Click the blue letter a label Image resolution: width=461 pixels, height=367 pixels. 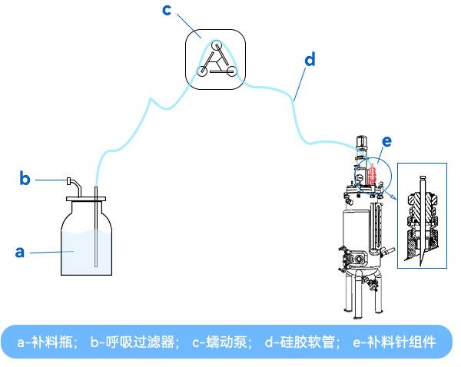click(x=21, y=251)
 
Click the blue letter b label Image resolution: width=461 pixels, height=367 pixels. click(x=25, y=180)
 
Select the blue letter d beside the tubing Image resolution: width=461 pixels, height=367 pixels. click(x=309, y=58)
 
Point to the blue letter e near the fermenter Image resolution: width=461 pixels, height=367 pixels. click(x=386, y=141)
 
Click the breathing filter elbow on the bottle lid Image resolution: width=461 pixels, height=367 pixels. click(x=70, y=183)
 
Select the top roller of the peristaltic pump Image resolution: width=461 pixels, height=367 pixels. click(x=217, y=46)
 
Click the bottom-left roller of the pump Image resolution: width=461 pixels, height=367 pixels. click(x=202, y=72)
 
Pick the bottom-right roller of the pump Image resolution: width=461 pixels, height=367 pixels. click(x=231, y=72)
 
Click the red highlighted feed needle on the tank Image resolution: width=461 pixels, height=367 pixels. click(x=371, y=174)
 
